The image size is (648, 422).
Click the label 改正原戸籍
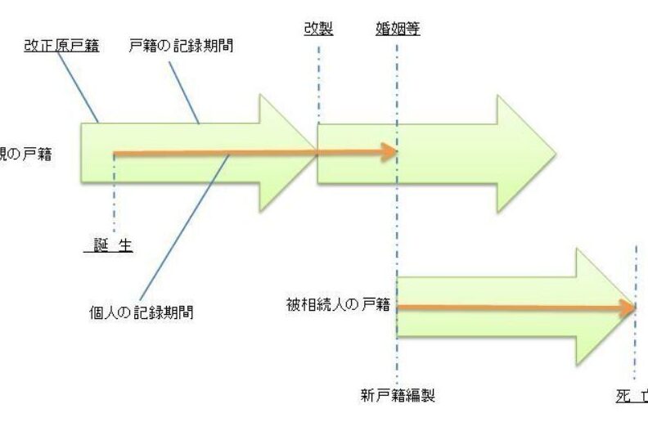[x=61, y=46]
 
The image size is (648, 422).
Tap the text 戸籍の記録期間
[x=182, y=46]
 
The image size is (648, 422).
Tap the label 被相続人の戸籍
[x=337, y=304]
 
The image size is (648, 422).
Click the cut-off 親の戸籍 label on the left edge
[x=25, y=152]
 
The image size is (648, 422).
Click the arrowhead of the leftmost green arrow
[x=286, y=152]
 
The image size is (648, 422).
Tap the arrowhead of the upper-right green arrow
[x=524, y=153]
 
